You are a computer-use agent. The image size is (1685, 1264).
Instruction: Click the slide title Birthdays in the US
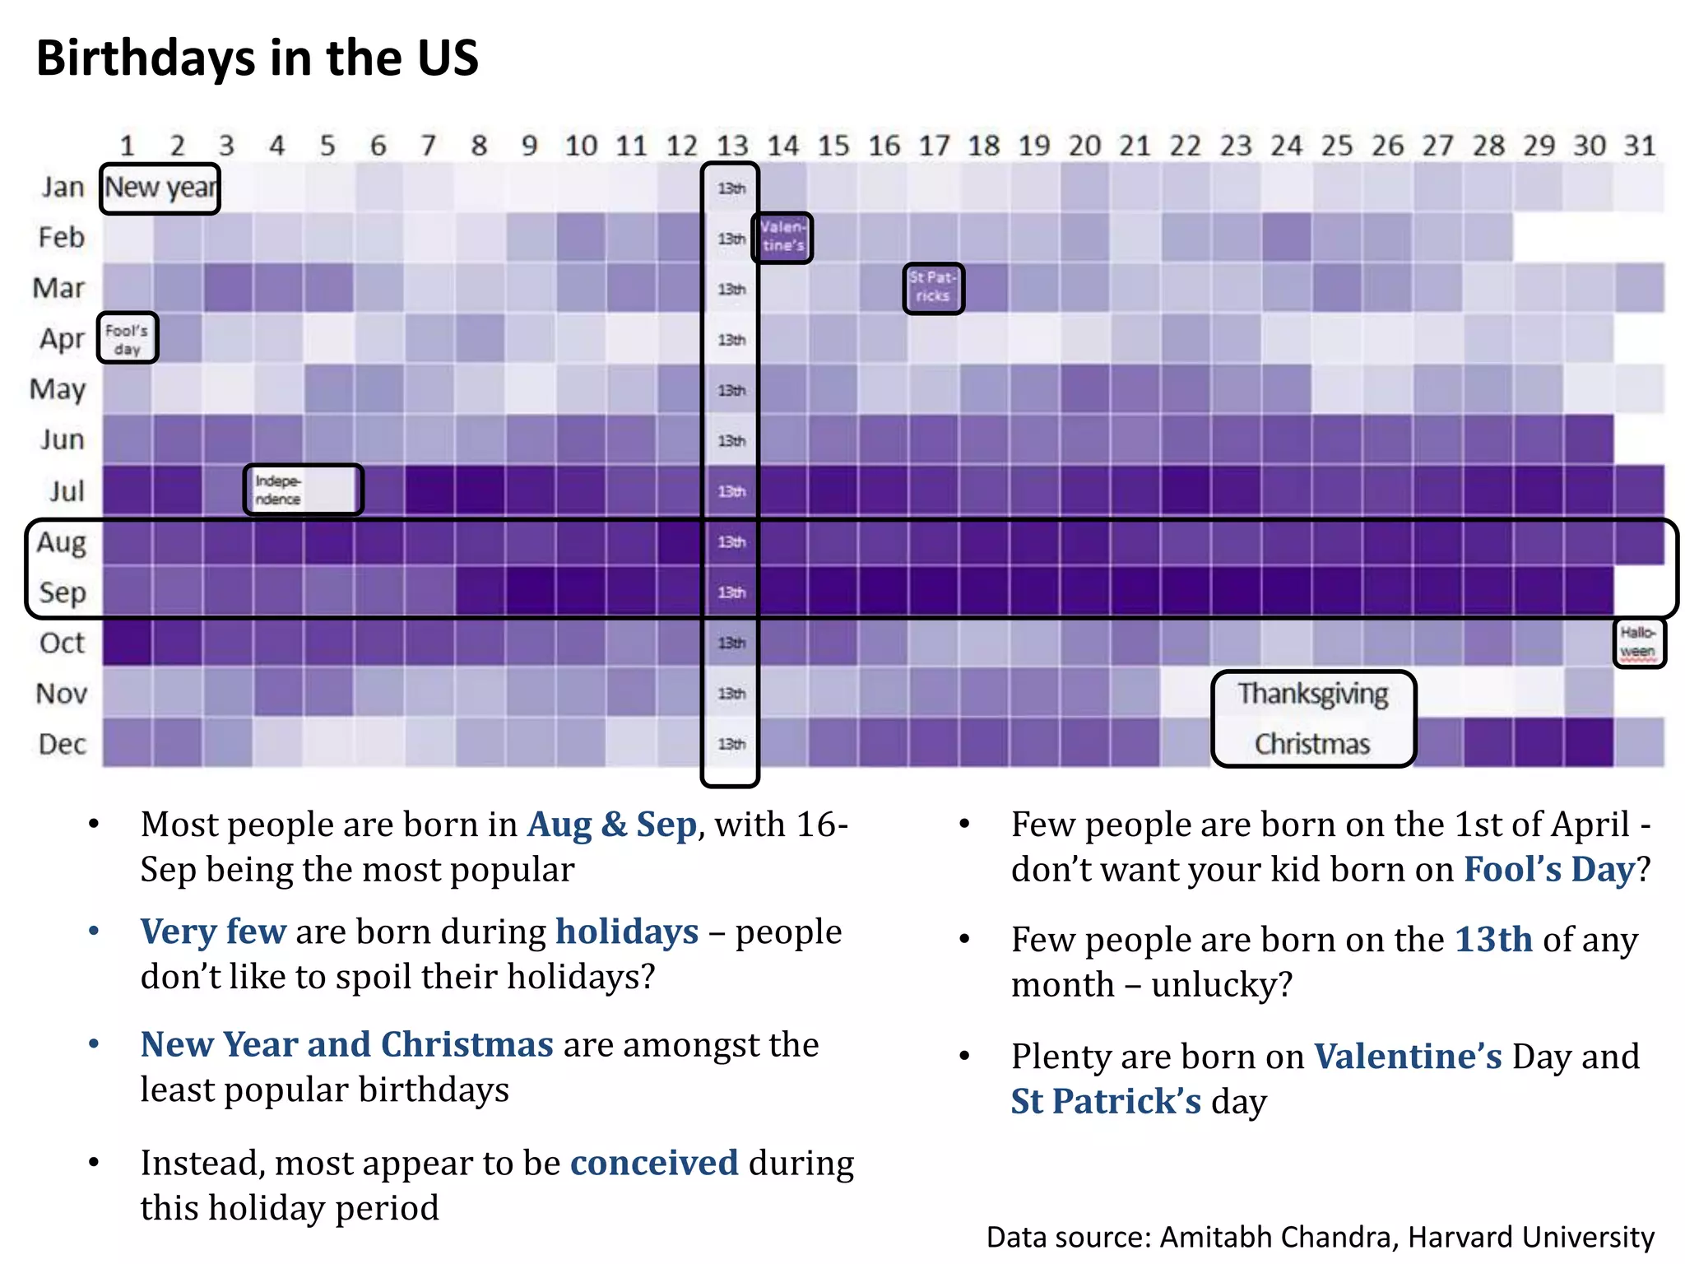pos(257,58)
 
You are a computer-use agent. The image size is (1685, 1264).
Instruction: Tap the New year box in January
pos(160,188)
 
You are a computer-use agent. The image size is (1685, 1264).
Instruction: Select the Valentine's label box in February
pos(782,237)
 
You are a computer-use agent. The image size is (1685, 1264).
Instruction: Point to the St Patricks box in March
pos(933,288)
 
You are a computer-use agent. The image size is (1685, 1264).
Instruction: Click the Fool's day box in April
pos(128,338)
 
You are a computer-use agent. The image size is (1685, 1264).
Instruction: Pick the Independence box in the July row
pos(303,490)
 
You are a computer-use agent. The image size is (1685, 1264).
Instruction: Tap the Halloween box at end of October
pos(1638,643)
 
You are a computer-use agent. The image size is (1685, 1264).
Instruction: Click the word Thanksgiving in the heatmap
pos(1313,694)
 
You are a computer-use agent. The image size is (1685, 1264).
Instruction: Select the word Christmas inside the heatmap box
pos(1312,744)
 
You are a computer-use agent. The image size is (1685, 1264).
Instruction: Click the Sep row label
pos(63,592)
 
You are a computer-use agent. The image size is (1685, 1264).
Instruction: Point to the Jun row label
pos(63,440)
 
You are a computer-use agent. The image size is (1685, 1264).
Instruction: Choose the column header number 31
pos(1639,146)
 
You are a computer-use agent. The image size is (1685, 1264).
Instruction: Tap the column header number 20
pos(1084,146)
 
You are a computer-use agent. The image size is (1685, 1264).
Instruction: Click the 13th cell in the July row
pos(731,491)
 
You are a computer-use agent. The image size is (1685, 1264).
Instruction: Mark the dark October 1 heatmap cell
pos(128,643)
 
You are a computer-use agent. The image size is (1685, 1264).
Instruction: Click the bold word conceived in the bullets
pos(654,1163)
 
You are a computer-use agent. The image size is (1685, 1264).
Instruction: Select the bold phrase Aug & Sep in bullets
pos(612,825)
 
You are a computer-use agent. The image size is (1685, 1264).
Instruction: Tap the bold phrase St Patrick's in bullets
pos(1106,1101)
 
